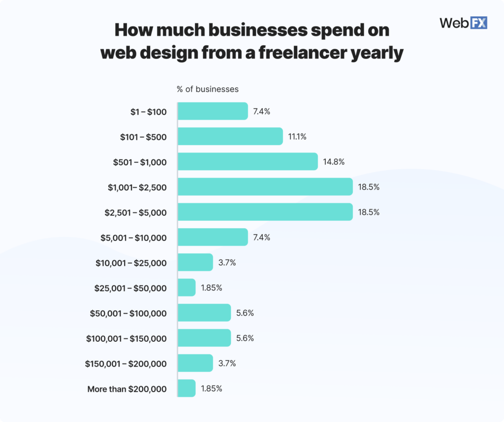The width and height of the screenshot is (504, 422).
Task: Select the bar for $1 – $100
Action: click(x=212, y=111)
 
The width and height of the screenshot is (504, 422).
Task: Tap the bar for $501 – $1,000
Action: click(x=247, y=162)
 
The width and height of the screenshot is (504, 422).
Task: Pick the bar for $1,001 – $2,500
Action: click(x=265, y=187)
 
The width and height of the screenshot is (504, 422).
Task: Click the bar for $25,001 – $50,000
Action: click(x=186, y=288)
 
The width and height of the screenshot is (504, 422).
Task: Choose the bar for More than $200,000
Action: click(x=186, y=389)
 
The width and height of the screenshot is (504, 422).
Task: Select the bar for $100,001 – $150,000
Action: click(x=204, y=338)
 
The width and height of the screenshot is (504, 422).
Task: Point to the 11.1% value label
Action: click(x=297, y=137)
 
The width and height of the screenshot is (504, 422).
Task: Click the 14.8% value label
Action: click(x=333, y=162)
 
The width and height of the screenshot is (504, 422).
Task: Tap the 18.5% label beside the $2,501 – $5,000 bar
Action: click(x=369, y=212)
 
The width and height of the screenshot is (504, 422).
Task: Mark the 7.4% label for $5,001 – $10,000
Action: click(x=262, y=238)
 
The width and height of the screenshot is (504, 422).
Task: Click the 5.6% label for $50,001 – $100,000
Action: click(x=245, y=313)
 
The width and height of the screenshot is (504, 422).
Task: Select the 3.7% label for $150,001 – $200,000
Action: click(x=227, y=363)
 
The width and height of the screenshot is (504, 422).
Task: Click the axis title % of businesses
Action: click(x=208, y=90)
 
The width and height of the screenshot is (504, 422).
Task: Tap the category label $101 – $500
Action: click(x=143, y=137)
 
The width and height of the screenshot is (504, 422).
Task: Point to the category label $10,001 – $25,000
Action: click(x=131, y=263)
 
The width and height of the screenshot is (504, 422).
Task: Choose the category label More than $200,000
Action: click(x=127, y=389)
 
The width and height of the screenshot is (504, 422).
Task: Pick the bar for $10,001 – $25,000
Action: click(x=195, y=263)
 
